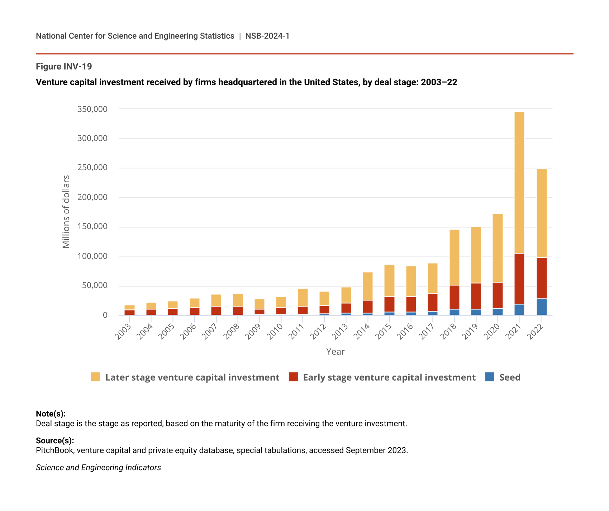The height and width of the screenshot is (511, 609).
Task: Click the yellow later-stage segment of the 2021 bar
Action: coord(519,183)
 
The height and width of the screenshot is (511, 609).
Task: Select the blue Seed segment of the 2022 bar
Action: coord(541,307)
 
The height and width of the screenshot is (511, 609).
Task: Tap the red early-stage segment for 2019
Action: coord(476,296)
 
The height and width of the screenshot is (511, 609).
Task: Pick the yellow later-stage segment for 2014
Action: coord(367,286)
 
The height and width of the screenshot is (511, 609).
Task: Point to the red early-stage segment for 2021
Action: coord(519,279)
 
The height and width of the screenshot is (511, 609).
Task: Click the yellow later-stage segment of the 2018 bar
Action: coord(454,257)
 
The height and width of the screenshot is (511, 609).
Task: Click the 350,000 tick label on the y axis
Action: coord(92,109)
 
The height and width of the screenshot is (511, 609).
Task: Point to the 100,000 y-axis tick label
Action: coord(92,256)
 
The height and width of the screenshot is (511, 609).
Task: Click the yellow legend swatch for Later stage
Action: coord(95,377)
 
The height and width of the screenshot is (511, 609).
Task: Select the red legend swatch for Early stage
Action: coord(293,377)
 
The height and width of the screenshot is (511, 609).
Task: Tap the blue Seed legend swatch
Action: coord(489,377)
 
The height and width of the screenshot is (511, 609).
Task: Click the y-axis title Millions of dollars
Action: coord(66,212)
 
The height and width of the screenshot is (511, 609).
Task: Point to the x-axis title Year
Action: coord(335,352)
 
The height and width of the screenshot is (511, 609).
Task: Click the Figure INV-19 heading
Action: coord(64,67)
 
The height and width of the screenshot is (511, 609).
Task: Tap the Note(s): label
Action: coord(51,414)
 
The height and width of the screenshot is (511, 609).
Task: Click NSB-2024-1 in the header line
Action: coord(267,36)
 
